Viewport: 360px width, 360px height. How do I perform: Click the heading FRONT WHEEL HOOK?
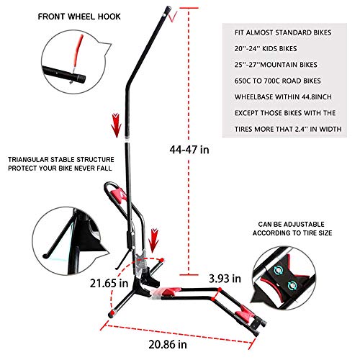79,17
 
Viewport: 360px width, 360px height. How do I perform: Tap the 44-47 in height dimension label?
189,150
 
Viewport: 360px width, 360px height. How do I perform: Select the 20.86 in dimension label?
168,344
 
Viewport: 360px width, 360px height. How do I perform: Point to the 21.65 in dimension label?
109,283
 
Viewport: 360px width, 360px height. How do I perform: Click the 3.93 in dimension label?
225,279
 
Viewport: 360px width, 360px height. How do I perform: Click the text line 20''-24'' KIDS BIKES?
266,49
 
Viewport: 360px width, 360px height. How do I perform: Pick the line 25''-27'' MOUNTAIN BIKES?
276,65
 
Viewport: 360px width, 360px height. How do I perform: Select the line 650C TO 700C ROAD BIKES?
278,81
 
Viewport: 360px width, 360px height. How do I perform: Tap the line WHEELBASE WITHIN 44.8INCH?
283,97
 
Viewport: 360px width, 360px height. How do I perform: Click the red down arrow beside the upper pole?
117,125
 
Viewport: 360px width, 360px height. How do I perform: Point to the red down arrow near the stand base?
153,240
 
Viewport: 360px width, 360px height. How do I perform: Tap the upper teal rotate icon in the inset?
279,271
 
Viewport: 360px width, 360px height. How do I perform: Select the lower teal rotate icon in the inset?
292,285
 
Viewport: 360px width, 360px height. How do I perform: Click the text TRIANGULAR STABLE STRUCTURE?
61,160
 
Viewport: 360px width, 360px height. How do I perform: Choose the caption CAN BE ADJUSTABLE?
292,225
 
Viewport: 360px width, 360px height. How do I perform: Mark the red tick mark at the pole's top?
173,17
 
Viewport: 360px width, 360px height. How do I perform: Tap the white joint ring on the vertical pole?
127,139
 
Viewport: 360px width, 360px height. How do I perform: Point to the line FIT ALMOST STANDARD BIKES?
283,32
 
